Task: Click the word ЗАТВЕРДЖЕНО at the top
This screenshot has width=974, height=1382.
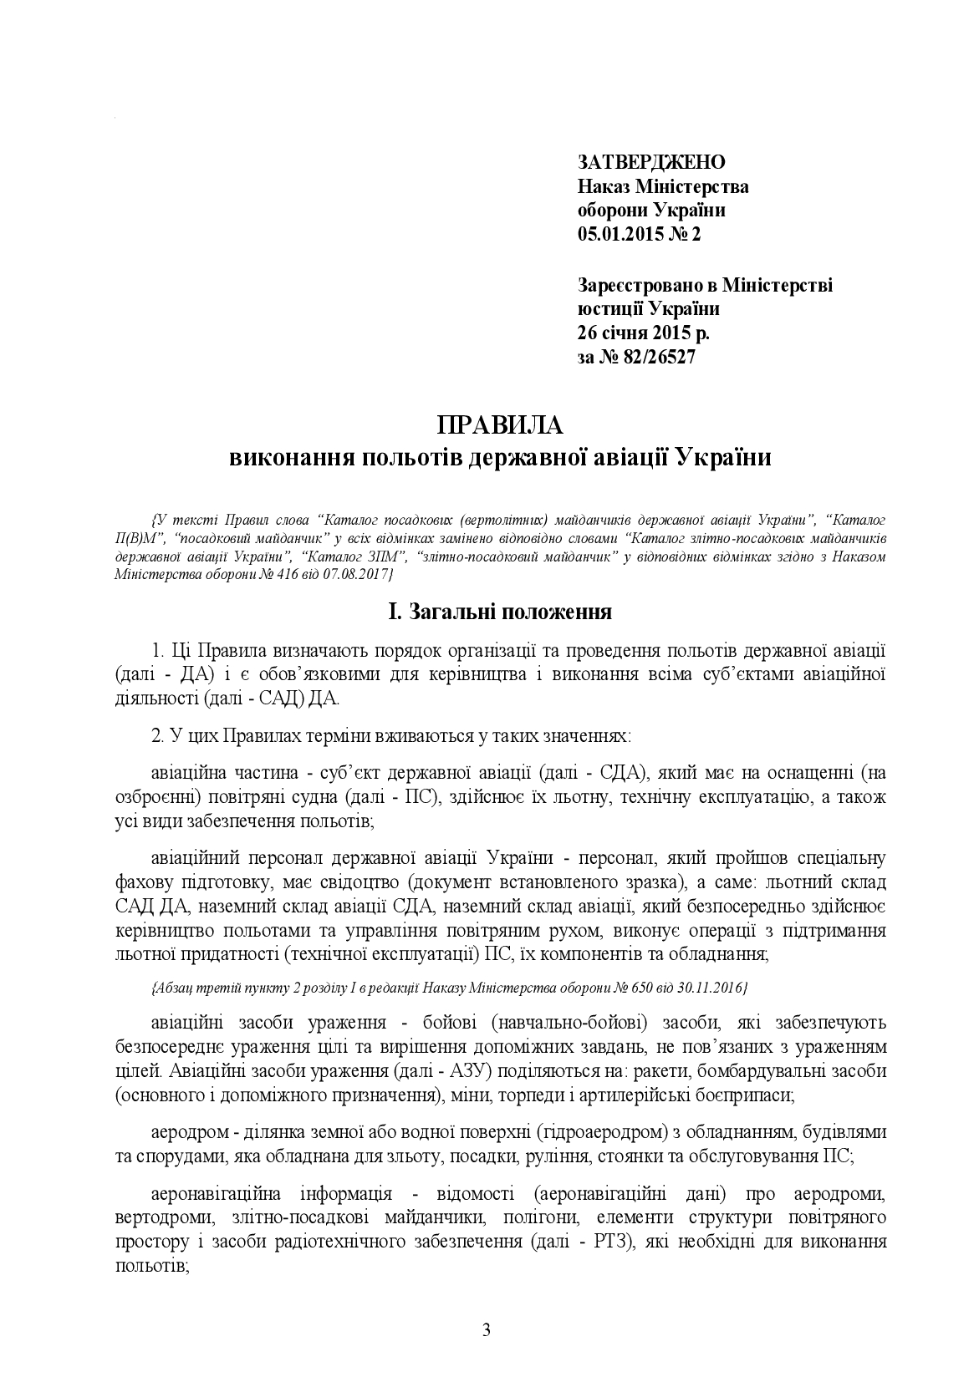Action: click(651, 162)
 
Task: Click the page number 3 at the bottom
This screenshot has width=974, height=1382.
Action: click(487, 1330)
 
